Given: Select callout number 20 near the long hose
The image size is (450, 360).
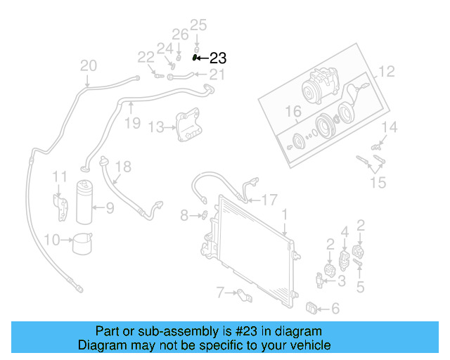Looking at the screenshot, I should [88, 66].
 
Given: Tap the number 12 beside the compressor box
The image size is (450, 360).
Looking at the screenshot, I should [387, 71].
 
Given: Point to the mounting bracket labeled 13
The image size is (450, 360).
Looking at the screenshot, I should [187, 126].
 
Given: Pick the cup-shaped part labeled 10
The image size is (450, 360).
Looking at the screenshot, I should [84, 243].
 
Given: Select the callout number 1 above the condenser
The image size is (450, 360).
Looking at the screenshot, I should [285, 213].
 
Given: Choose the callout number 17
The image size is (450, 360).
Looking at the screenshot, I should [269, 200].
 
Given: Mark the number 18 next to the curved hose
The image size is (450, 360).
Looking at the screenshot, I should [123, 167].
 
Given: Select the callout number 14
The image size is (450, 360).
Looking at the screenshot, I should [390, 127].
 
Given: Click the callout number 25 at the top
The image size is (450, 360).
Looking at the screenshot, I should [198, 25].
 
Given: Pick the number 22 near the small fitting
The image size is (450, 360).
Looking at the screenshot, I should [146, 57].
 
